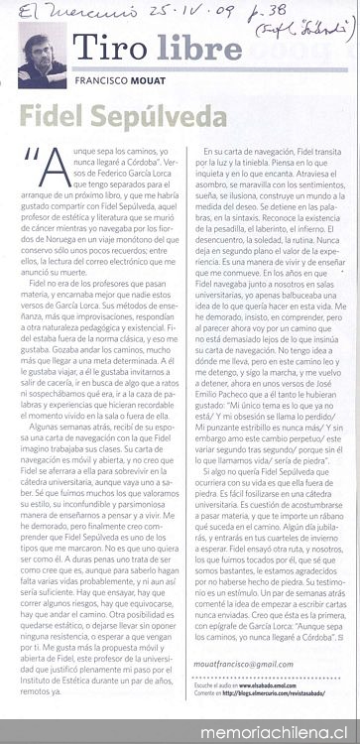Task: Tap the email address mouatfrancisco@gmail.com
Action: tap(248, 664)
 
